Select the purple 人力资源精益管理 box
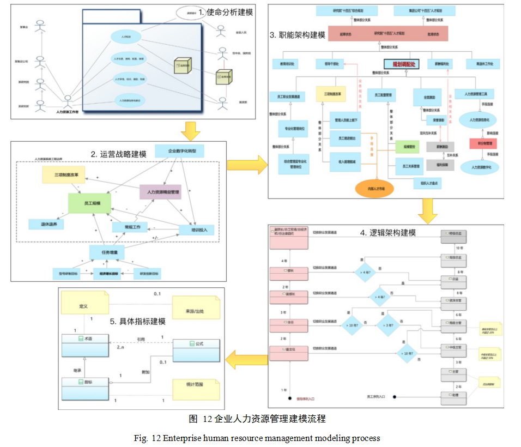[160, 191]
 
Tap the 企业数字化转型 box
[179, 150]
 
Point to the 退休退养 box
[48, 224]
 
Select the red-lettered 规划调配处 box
[400, 64]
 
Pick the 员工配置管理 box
[385, 95]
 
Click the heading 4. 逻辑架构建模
[387, 233]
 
